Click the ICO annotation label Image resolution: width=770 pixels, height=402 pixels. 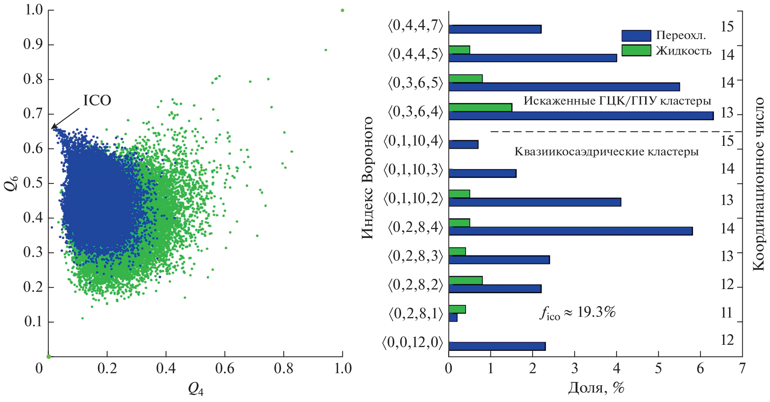tap(97, 100)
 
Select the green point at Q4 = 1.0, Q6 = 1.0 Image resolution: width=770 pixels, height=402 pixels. tap(342, 10)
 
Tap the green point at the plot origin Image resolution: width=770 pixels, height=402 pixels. tap(48, 357)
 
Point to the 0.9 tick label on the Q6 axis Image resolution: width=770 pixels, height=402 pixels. tap(33, 44)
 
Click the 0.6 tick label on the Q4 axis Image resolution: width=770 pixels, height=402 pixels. tap(225, 368)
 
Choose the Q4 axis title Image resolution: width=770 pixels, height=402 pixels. tap(195, 388)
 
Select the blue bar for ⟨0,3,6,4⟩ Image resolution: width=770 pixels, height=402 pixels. tap(581, 116)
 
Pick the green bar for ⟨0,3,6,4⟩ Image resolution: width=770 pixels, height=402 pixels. tap(480, 107)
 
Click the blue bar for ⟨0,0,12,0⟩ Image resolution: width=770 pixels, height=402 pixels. tap(497, 346)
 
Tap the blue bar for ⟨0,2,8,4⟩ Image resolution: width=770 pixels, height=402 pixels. tap(570, 231)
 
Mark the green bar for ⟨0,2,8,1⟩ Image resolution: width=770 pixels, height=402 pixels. tap(457, 309)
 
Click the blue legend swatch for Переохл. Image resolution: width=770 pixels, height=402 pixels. tap(636, 36)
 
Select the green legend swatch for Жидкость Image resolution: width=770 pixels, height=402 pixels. tap(636, 50)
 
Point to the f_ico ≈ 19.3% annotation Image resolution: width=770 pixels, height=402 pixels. tap(577, 313)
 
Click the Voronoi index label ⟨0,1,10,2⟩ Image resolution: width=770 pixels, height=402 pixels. tap(413, 198)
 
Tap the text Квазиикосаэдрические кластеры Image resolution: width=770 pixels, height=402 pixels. tap(606, 152)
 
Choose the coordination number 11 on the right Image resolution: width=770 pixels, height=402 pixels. tap(726, 313)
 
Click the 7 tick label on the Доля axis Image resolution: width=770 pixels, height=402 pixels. tap(742, 368)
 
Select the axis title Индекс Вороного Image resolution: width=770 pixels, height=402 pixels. tap(367, 178)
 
